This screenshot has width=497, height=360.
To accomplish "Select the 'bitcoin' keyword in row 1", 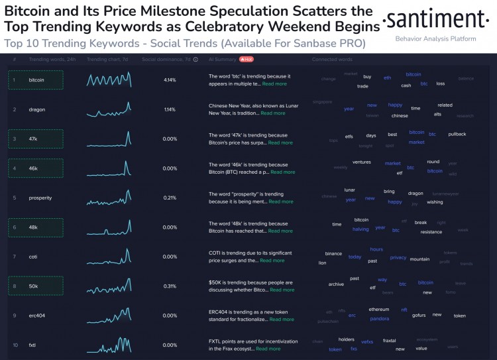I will (36, 80).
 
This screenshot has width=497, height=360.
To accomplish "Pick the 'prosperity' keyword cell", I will (40, 198).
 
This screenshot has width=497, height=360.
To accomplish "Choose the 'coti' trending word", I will (33, 257).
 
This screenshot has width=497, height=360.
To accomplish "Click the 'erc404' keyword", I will (37, 316).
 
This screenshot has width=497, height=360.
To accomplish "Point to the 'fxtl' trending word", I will (32, 345).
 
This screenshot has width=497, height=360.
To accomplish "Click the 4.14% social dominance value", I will (170, 80).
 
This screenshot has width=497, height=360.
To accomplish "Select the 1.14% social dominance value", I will (170, 109).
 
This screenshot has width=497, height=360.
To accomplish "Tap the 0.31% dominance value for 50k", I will (170, 286).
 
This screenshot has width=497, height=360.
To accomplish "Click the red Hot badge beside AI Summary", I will (248, 59).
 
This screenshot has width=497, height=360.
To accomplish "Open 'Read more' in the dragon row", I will (273, 113).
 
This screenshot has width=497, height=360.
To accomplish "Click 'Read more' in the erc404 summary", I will (280, 320).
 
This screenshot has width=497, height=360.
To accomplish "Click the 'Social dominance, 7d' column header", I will (166, 59).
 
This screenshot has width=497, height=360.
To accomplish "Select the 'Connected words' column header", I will (332, 59).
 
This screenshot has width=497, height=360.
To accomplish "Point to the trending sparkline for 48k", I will (109, 227).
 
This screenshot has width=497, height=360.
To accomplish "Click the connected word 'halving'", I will (360, 229).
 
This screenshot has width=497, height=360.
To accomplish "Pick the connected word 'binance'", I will (333, 254).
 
